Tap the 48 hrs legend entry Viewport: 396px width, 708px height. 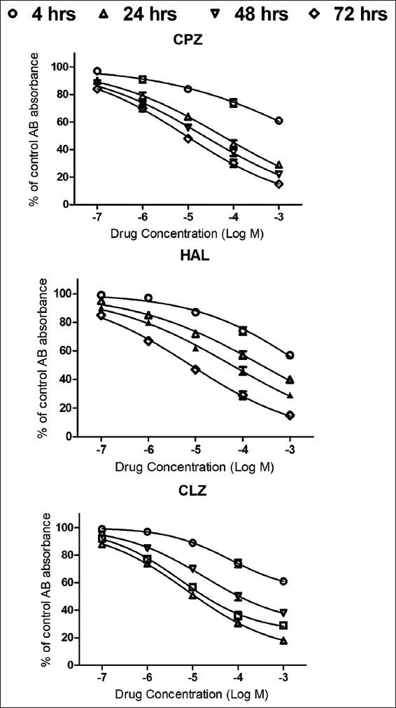(240, 14)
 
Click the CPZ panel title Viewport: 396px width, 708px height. (188, 40)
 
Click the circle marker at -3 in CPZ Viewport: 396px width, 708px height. (279, 120)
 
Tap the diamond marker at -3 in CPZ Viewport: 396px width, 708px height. (279, 184)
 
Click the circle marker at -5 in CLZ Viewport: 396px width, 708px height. (192, 543)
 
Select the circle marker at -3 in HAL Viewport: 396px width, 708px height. (290, 355)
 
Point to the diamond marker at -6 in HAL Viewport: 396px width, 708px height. (148, 340)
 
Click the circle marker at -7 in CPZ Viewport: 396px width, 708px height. (97, 71)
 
